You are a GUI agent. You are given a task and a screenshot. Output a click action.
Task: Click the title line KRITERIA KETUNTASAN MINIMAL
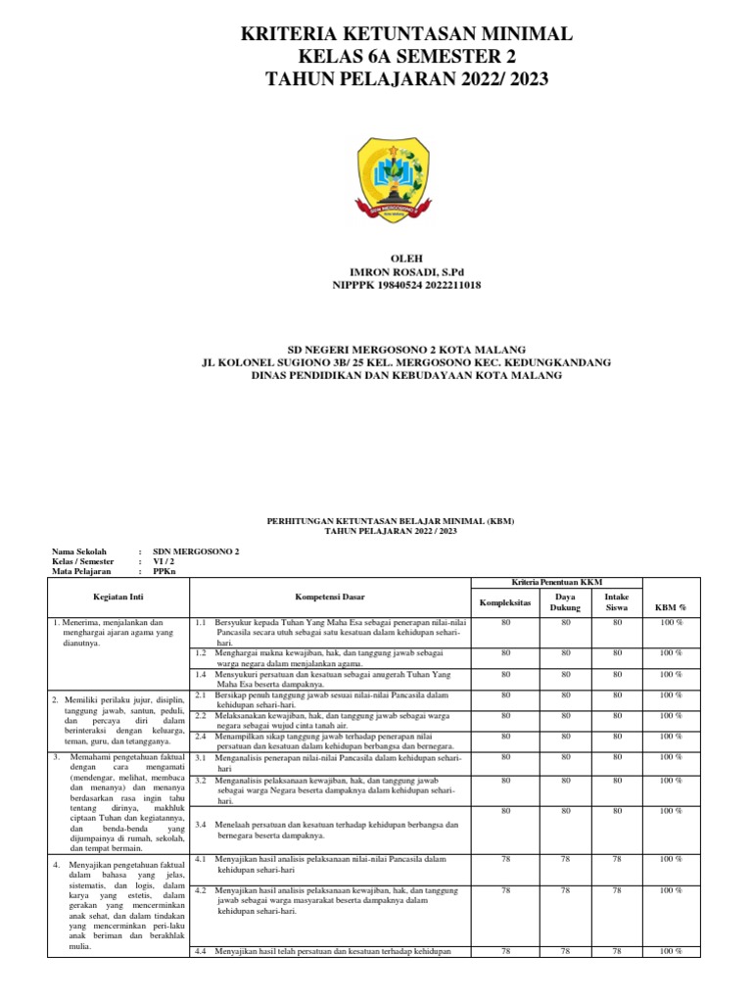tap(406, 35)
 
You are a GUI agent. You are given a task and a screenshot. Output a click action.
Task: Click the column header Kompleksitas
tap(504, 602)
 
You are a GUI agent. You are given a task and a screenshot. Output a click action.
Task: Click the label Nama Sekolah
tap(79, 551)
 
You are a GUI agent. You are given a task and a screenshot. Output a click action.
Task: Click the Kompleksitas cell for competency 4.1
tap(506, 859)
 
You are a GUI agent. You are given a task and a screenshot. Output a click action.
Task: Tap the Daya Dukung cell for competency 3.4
tap(566, 811)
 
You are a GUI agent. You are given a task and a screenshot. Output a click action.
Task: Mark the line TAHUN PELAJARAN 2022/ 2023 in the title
tap(406, 78)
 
